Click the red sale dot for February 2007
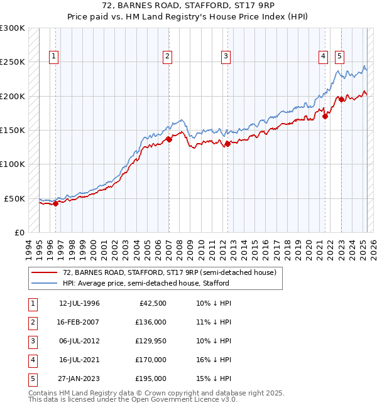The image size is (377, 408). point(169,139)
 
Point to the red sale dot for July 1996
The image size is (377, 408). point(55,203)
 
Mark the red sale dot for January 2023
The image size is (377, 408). point(341,99)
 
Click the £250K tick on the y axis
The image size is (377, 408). point(13,62)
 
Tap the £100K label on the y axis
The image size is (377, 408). point(13,164)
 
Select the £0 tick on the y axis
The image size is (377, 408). point(18,232)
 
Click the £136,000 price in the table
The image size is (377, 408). point(151,323)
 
